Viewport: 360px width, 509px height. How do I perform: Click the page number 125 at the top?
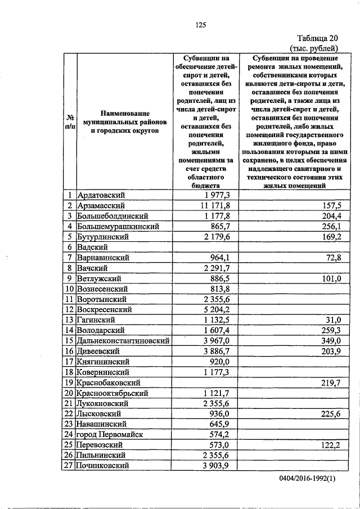[x=201, y=24]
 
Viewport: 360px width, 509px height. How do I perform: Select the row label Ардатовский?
[x=101, y=195]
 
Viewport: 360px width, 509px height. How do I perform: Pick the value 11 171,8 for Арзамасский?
[x=208, y=205]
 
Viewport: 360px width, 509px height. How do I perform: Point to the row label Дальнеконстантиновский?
[x=123, y=341]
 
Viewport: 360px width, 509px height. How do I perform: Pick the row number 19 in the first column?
[x=68, y=382]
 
